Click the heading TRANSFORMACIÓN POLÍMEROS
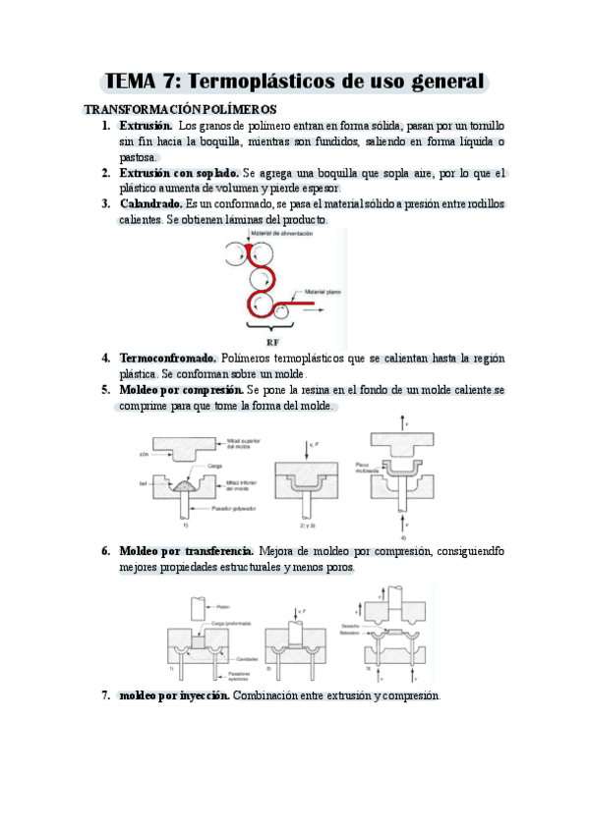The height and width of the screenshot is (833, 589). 180,109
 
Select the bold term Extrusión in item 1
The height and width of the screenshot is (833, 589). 146,127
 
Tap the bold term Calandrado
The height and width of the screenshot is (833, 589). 150,203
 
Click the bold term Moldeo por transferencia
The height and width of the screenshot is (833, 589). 187,551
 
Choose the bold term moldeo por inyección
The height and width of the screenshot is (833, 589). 174,695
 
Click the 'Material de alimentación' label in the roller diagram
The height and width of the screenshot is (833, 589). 280,234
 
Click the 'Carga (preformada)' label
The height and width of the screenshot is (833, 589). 236,624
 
